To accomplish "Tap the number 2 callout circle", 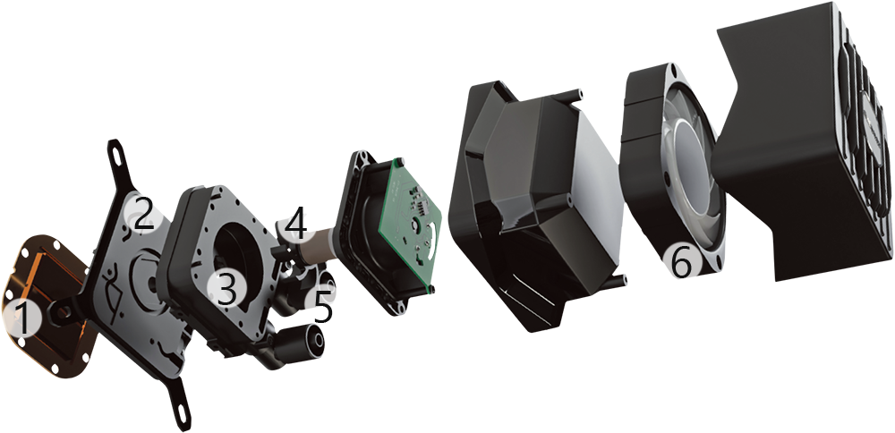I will (145, 214).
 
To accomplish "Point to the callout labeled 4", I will (296, 222).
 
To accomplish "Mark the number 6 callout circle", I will (681, 264).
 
